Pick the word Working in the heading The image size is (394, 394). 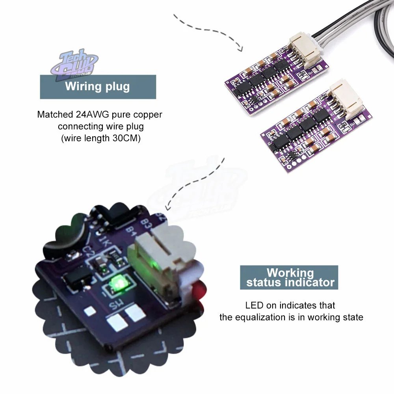(290, 273)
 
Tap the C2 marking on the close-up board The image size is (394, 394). (88, 251)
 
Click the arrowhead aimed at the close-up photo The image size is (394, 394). (167, 206)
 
